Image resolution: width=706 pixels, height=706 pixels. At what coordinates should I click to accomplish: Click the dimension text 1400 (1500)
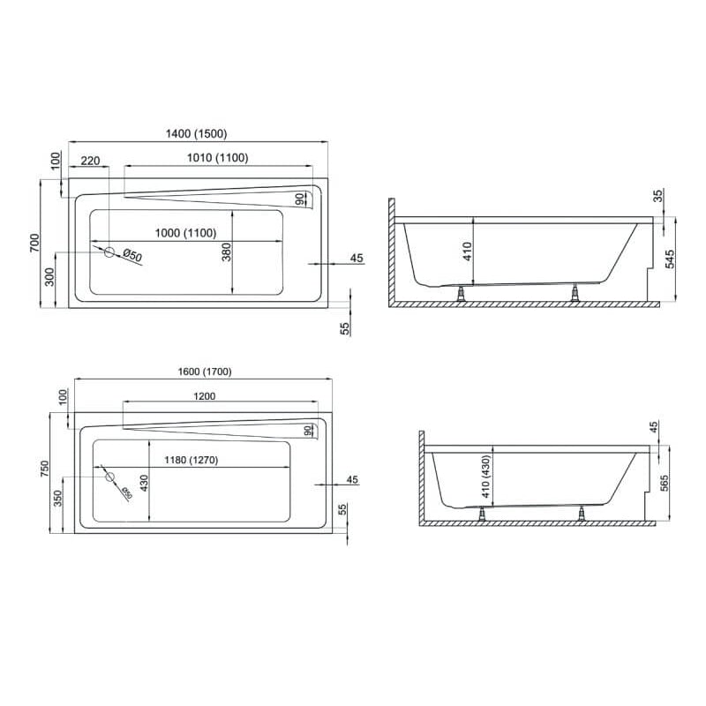[198, 134]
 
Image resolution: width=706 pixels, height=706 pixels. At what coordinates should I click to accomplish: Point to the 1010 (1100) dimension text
[217, 158]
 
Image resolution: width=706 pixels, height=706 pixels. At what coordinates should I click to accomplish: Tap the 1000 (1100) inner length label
[186, 233]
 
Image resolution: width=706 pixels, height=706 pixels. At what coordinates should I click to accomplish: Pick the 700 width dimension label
[34, 243]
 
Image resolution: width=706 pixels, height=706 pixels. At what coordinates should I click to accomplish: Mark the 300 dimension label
[50, 277]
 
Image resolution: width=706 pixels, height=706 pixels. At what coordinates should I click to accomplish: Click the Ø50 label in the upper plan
[132, 256]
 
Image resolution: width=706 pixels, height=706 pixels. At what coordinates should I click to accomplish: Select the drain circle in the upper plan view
[109, 252]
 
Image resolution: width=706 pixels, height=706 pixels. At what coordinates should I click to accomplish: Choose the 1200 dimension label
[204, 396]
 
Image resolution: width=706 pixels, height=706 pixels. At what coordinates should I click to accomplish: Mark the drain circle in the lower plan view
[110, 477]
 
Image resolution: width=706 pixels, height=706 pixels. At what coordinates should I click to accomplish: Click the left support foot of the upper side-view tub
[460, 294]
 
